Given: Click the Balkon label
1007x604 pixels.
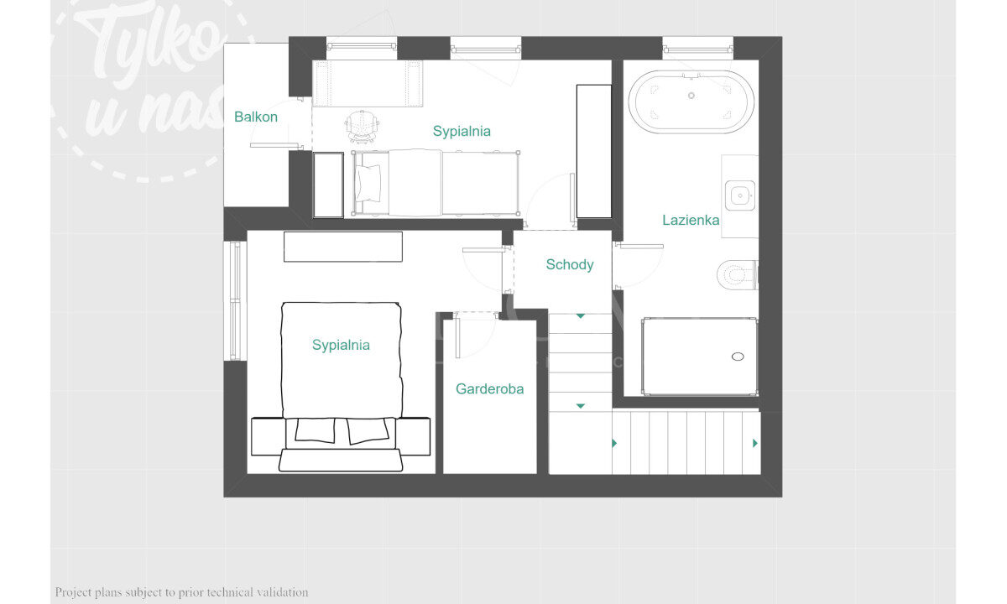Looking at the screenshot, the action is pyautogui.click(x=256, y=117).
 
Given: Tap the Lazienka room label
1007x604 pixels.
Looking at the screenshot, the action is pyautogui.click(x=691, y=220).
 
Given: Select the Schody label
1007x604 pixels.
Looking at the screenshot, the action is pyautogui.click(x=570, y=265).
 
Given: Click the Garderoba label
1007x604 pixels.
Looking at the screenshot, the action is pyautogui.click(x=489, y=388).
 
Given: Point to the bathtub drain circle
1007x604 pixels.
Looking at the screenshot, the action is pyautogui.click(x=691, y=96).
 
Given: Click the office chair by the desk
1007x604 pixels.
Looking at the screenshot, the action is pyautogui.click(x=362, y=126).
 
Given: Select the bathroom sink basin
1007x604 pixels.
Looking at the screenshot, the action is pyautogui.click(x=740, y=195).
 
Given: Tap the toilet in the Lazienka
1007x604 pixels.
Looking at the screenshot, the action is pyautogui.click(x=738, y=274).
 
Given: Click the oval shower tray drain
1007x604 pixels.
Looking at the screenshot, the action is pyautogui.click(x=738, y=357).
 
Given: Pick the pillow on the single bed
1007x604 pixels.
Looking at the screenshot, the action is pyautogui.click(x=368, y=184).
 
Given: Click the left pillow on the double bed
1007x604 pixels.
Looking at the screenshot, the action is pyautogui.click(x=316, y=430).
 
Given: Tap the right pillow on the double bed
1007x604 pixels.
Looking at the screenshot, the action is pyautogui.click(x=368, y=430).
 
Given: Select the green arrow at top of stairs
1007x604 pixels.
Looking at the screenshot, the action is pyautogui.click(x=581, y=316).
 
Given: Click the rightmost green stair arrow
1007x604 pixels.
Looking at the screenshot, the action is pyautogui.click(x=755, y=443).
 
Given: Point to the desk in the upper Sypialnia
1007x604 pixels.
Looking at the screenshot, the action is pyautogui.click(x=368, y=84).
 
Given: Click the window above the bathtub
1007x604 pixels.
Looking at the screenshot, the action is pyautogui.click(x=697, y=49).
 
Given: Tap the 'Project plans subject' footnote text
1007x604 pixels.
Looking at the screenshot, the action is pyautogui.click(x=181, y=592).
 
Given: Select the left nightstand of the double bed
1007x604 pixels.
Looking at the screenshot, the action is pyautogui.click(x=268, y=436).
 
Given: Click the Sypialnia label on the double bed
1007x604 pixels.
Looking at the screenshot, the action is pyautogui.click(x=341, y=345).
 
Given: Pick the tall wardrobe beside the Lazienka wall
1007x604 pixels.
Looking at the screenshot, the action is pyautogui.click(x=594, y=152).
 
